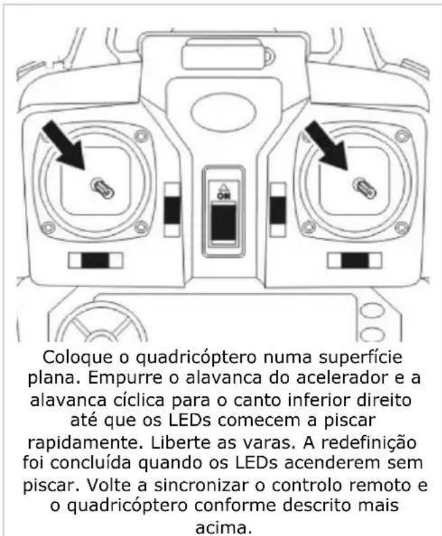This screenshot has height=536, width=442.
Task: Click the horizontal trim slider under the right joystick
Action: coord(354,261)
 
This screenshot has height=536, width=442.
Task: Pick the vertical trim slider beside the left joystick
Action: coord(173,210)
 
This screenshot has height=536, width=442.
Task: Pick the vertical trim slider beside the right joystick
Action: coord(277,210)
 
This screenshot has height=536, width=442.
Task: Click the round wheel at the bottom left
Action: coord(102,325)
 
